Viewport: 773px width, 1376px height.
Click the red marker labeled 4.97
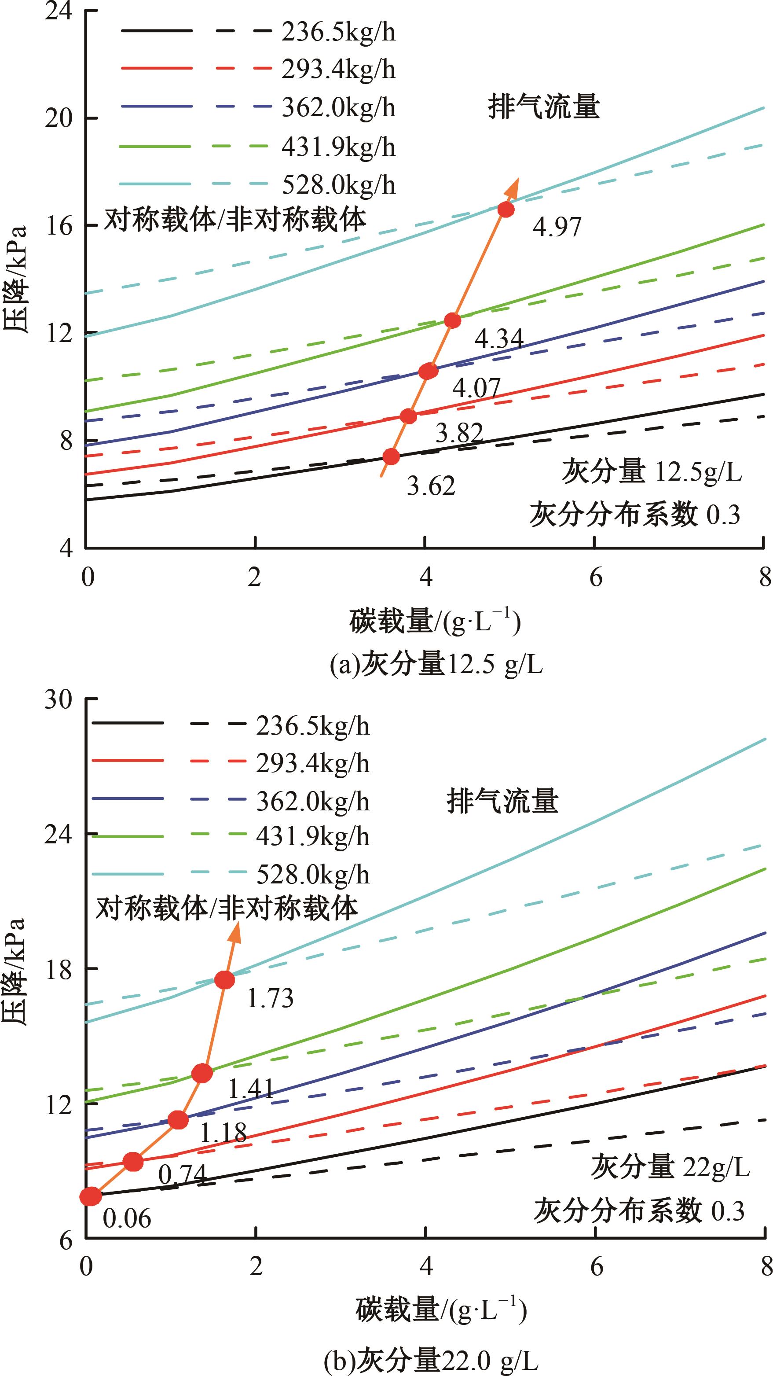[506, 210]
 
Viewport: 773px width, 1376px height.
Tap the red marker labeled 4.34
[452, 320]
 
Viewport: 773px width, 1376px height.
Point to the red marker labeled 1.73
[225, 980]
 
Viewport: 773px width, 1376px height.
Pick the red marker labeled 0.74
[133, 1161]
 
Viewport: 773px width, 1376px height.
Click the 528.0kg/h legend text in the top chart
[338, 185]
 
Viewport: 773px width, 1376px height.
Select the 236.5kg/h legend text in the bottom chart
[312, 726]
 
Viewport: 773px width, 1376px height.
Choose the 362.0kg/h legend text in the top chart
[338, 108]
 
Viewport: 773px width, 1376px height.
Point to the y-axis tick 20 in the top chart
[58, 118]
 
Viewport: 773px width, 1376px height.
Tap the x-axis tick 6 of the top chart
[595, 578]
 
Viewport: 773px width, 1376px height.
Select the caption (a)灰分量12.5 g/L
[436, 665]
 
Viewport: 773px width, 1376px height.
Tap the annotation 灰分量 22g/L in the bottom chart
[670, 1166]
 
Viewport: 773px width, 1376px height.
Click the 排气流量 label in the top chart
[543, 107]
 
